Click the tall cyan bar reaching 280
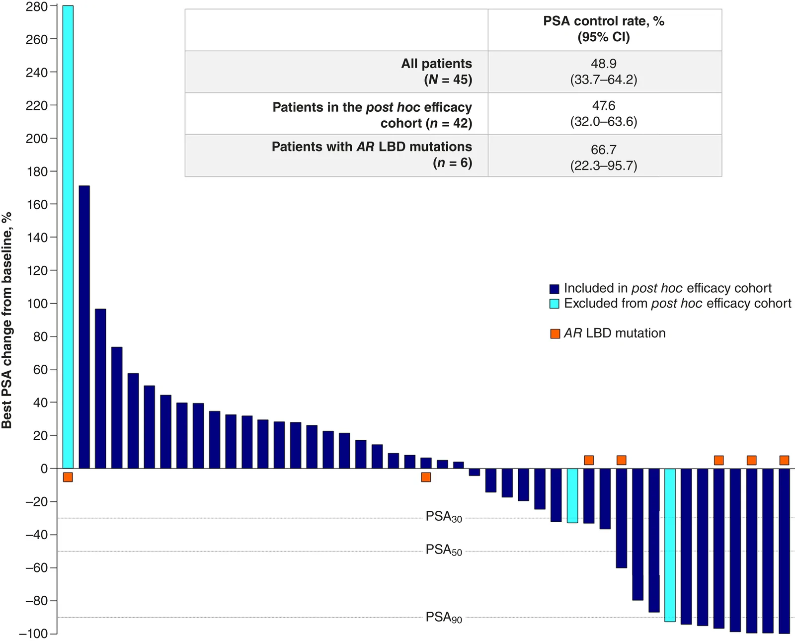click(68, 237)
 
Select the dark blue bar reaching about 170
click(84, 327)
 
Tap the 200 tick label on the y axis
click(37, 139)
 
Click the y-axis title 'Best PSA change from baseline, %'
click(6, 320)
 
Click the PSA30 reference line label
click(444, 517)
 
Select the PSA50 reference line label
click(444, 550)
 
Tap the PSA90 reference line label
click(444, 617)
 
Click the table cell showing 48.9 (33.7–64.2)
click(604, 72)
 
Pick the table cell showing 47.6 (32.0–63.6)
click(604, 114)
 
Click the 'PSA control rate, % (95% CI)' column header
click(604, 29)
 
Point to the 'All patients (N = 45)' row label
click(437, 72)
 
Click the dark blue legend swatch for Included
click(554, 289)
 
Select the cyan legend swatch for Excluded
click(554, 304)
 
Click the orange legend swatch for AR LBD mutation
click(555, 333)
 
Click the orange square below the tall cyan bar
click(68, 477)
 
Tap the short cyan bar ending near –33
click(572, 496)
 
